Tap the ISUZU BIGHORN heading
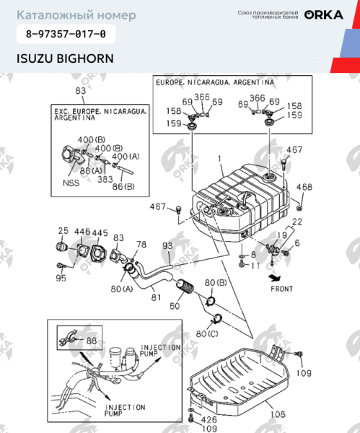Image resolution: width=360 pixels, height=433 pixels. coord(65,58)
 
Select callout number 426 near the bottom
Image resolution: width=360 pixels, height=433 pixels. coord(208,419)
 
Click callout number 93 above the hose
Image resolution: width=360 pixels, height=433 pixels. coord(167,246)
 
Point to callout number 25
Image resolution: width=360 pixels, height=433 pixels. coord(63,231)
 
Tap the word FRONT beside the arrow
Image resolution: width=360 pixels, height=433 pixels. coord(282,289)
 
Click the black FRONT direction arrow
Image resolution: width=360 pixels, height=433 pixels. coord(272,276)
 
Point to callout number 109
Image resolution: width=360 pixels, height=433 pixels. coord(304,374)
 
